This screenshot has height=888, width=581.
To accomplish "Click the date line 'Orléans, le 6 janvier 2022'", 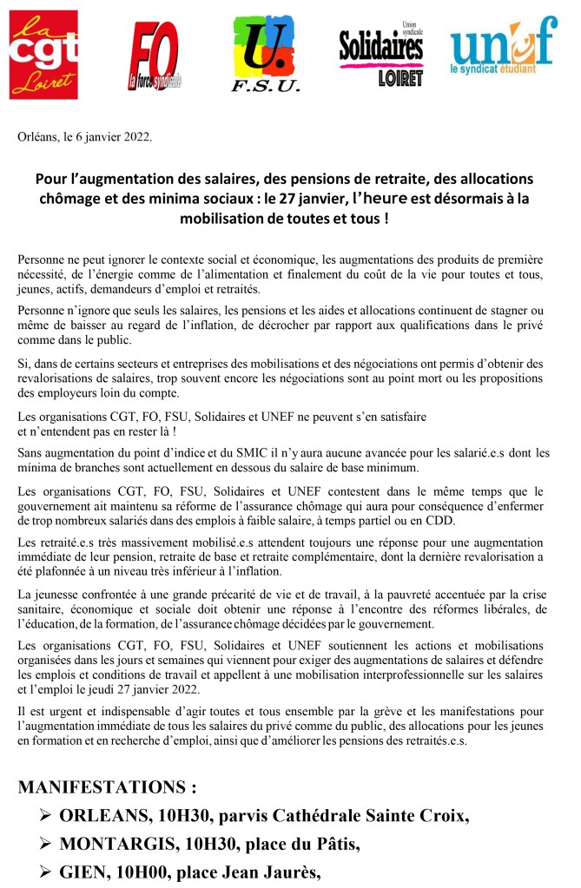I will [84, 136].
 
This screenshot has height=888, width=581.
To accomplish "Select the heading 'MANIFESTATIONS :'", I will [107, 788].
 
